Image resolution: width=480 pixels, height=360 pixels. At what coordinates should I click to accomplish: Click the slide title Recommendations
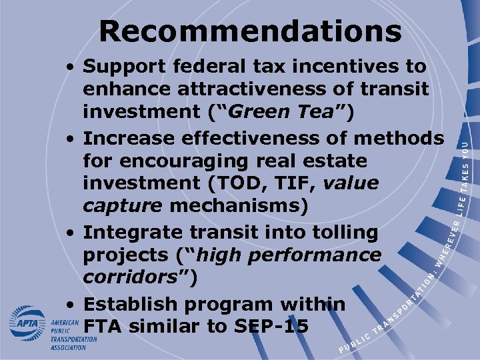click(x=250, y=31)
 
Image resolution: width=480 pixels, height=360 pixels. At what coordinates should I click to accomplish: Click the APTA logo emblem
click(x=27, y=323)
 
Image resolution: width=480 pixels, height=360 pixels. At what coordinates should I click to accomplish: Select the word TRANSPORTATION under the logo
click(x=73, y=339)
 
